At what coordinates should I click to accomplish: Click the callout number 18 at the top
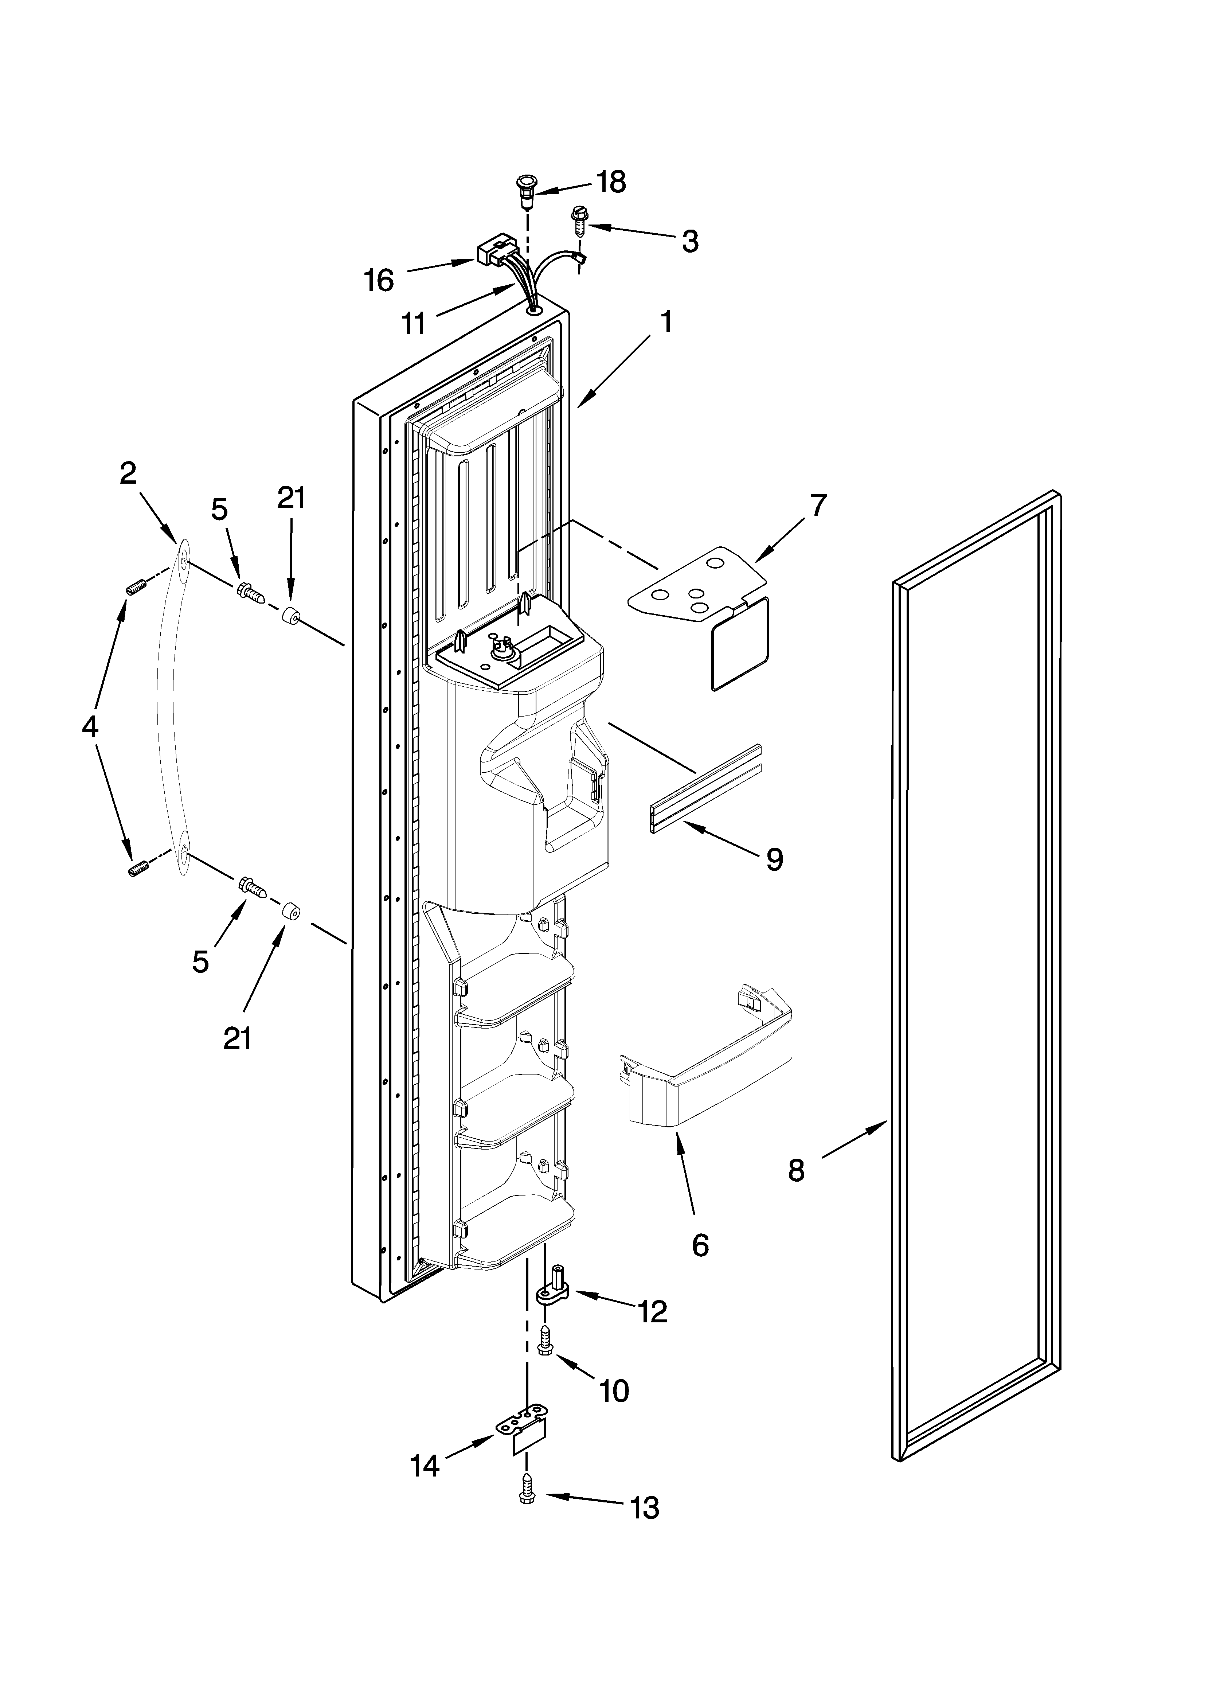coord(611,182)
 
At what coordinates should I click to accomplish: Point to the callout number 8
coord(796,1171)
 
